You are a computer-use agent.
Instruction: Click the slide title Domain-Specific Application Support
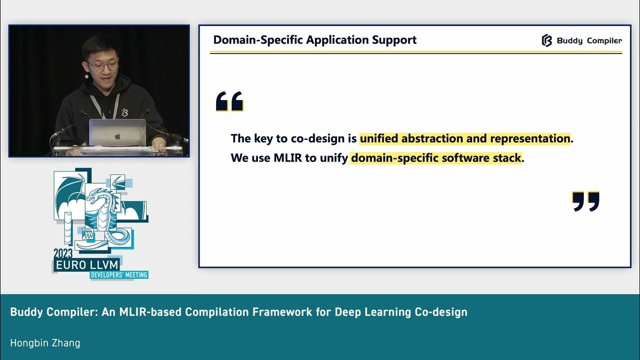pos(314,40)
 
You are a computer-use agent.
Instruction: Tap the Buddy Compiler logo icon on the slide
pos(546,40)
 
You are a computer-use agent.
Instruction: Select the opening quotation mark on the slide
pos(229,101)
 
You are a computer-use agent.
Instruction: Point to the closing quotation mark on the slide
pos(585,201)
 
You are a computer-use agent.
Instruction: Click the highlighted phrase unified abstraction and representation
pos(465,138)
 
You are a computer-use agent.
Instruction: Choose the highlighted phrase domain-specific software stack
pos(436,158)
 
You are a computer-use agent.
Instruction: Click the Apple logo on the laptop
pos(118,135)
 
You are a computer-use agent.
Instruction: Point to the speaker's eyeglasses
pos(102,65)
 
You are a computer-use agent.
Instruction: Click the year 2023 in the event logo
pos(63,253)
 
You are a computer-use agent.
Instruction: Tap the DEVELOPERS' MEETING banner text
pos(118,274)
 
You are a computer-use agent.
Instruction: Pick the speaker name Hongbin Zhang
pos(45,343)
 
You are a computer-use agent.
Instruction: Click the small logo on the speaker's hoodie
pos(124,112)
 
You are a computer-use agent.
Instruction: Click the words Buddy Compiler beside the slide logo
pos(589,41)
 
